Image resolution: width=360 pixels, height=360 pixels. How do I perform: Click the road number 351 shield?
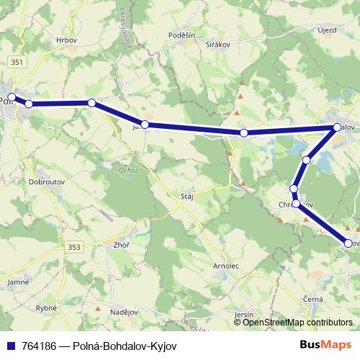pyautogui.click(x=17, y=63)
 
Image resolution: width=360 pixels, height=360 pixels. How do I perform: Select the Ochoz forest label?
pyautogui.click(x=129, y=170)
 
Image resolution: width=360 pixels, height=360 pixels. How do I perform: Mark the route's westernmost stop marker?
pyautogui.click(x=12, y=96)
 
